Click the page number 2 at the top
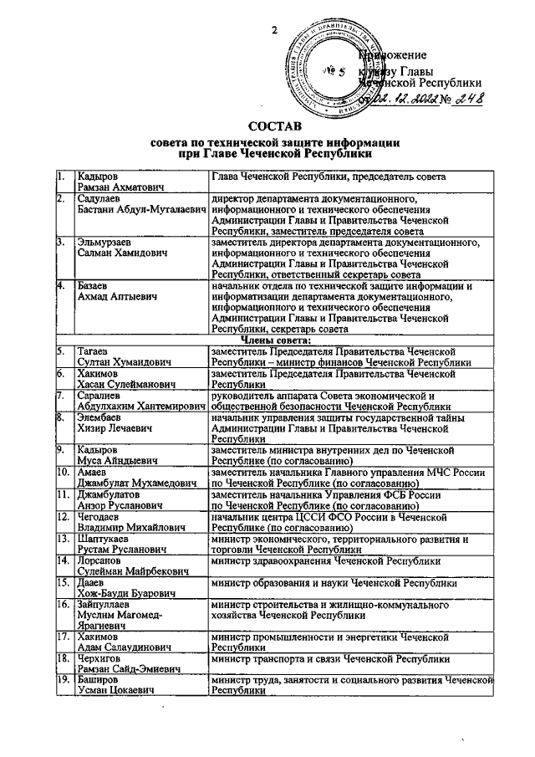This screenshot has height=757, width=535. (x=273, y=32)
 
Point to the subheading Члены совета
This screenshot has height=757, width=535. (x=276, y=339)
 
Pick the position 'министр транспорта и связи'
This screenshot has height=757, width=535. (x=331, y=659)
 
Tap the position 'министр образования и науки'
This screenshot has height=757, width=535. (x=334, y=582)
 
